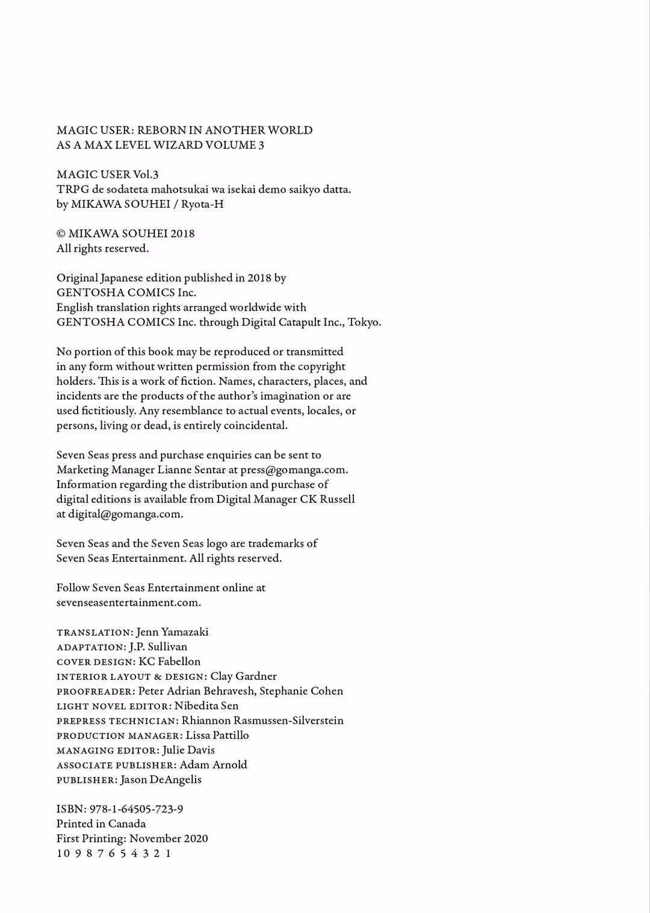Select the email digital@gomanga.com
tap(125, 514)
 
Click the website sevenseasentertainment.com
tap(128, 602)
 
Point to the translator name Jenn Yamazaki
tap(172, 632)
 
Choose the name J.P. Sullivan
tap(158, 647)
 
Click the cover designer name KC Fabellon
tap(169, 661)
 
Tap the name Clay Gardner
tap(243, 676)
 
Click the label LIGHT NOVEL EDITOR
tap(113, 706)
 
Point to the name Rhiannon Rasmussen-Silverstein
tap(262, 720)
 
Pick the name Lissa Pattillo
tap(217, 735)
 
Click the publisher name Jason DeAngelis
tap(161, 779)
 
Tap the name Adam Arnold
tap(213, 765)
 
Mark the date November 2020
tap(169, 838)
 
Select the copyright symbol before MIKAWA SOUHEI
tap(61, 234)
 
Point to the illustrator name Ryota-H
tap(202, 204)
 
